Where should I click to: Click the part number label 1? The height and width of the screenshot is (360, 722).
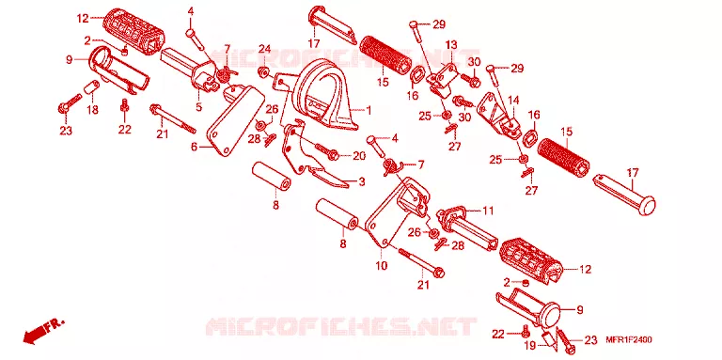tap(369, 111)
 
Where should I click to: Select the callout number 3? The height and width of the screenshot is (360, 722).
tap(361, 181)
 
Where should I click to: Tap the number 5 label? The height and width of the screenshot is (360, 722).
tap(199, 107)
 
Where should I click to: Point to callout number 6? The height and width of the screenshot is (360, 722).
tap(194, 147)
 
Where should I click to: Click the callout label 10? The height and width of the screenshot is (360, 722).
tap(382, 266)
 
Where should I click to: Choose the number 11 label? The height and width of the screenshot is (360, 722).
tap(488, 211)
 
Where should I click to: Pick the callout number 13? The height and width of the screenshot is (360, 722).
tap(451, 45)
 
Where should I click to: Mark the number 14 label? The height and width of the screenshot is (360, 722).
tap(513, 101)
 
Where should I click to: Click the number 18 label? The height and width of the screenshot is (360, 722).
tap(92, 111)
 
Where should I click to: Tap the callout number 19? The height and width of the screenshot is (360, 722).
tap(531, 345)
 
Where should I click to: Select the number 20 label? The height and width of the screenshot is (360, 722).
tap(359, 156)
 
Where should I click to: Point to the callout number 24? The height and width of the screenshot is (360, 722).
tap(264, 49)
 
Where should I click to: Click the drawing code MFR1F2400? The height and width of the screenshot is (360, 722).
tap(629, 339)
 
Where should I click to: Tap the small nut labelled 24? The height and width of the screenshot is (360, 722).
tap(264, 71)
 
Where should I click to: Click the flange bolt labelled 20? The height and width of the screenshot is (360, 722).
tap(327, 152)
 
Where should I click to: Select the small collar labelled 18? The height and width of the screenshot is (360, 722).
tap(91, 86)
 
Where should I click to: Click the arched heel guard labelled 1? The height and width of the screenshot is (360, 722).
tap(326, 94)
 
